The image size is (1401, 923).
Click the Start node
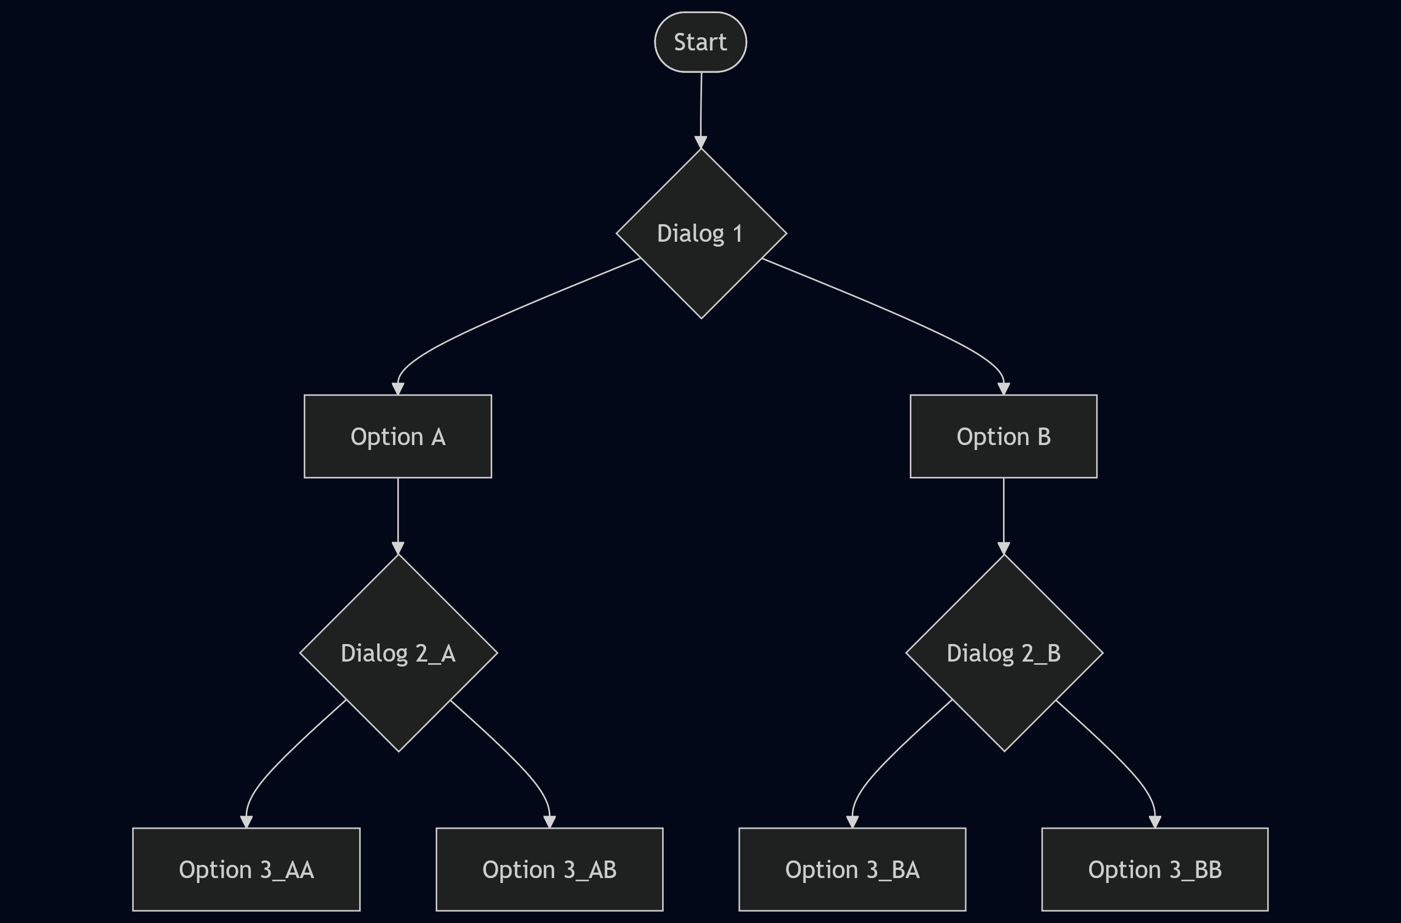click(700, 42)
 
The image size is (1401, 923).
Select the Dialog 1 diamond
click(701, 233)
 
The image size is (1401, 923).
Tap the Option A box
click(398, 436)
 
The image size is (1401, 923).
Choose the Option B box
click(1004, 436)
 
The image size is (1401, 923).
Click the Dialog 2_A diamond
click(398, 653)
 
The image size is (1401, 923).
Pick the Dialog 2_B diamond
click(1004, 653)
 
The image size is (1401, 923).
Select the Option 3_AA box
click(246, 869)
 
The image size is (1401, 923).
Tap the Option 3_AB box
click(549, 869)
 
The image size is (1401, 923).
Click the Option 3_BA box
click(852, 869)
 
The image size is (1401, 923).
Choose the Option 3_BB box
click(1155, 869)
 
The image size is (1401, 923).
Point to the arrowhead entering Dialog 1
click(700, 143)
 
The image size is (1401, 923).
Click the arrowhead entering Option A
click(398, 389)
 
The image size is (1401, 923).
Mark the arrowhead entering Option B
click(1004, 389)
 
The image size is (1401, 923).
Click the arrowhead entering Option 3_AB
click(549, 822)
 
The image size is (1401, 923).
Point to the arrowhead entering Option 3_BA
click(852, 822)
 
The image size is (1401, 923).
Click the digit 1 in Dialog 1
click(737, 233)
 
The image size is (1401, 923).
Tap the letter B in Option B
click(1044, 437)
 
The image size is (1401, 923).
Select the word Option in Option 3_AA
click(215, 870)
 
